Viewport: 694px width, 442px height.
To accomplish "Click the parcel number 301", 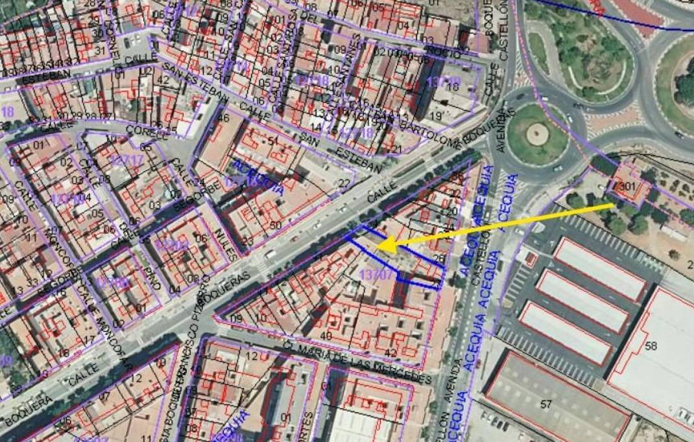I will (x=627, y=187).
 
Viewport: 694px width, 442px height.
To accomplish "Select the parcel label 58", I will (x=651, y=346).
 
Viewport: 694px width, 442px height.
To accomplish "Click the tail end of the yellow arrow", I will (x=612, y=205).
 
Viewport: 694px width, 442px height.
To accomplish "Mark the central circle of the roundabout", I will (x=537, y=134).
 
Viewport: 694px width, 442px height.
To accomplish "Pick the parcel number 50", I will (x=275, y=225).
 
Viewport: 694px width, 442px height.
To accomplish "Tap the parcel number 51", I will (x=272, y=141).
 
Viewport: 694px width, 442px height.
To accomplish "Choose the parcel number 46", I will (x=223, y=118).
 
